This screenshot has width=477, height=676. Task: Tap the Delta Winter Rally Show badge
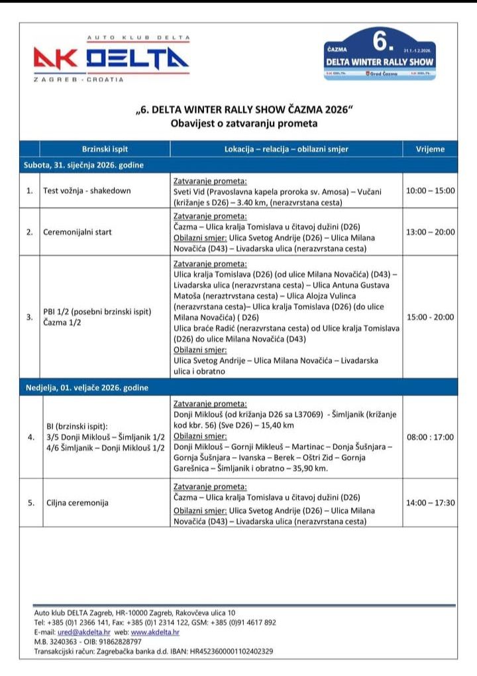(x=380, y=54)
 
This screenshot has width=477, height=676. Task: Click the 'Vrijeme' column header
(x=430, y=149)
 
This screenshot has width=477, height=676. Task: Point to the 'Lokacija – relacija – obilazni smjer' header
(x=286, y=149)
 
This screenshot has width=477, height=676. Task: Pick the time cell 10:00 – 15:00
(x=430, y=190)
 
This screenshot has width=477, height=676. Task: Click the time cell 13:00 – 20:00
(x=430, y=232)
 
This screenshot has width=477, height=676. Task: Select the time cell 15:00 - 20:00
(x=430, y=317)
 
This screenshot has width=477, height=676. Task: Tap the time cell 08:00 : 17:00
(x=430, y=437)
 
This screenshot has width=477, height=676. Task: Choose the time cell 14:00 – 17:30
(x=430, y=502)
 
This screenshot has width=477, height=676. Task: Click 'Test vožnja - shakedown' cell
(x=87, y=190)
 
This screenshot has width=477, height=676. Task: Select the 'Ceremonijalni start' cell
(x=78, y=232)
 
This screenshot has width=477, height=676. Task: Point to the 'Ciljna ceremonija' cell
(x=74, y=502)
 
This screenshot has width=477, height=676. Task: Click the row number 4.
(x=30, y=437)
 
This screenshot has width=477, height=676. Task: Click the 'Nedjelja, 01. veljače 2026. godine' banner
(x=86, y=387)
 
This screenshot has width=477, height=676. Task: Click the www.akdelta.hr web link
(x=155, y=633)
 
